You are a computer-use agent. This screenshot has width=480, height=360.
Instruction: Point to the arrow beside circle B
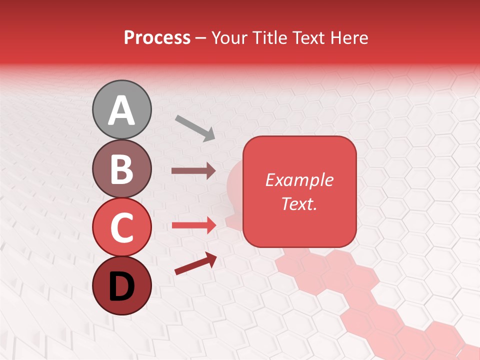point(193,170)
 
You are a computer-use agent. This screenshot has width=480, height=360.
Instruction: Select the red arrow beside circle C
point(193,225)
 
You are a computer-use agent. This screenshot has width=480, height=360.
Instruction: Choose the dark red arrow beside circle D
point(195,263)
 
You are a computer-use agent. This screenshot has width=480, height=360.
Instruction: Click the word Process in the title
point(157,38)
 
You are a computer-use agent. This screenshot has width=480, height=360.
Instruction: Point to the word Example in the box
point(299,180)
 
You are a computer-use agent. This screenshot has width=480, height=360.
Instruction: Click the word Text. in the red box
point(299,203)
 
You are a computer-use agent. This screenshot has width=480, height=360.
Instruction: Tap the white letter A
point(121,110)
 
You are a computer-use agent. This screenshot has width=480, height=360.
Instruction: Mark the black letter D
point(121,286)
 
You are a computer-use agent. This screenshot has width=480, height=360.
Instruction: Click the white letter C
point(121,228)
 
